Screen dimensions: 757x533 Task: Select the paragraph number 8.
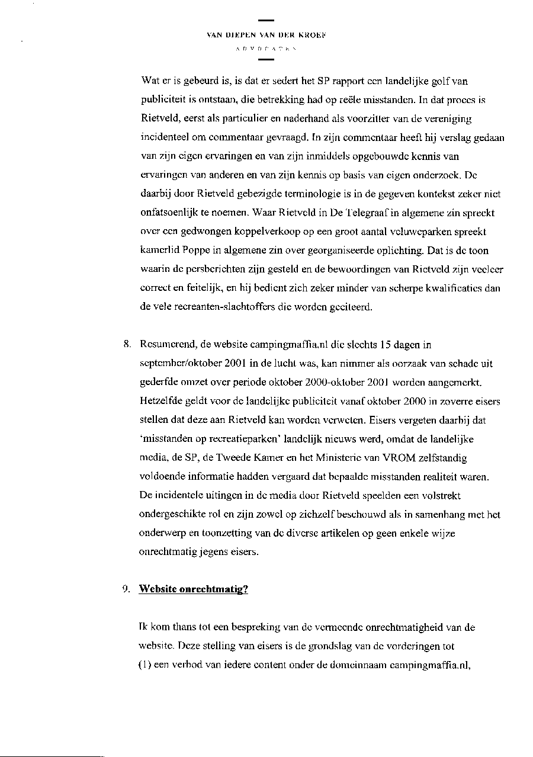(x=126, y=344)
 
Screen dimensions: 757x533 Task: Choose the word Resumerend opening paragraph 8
(x=165, y=344)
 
